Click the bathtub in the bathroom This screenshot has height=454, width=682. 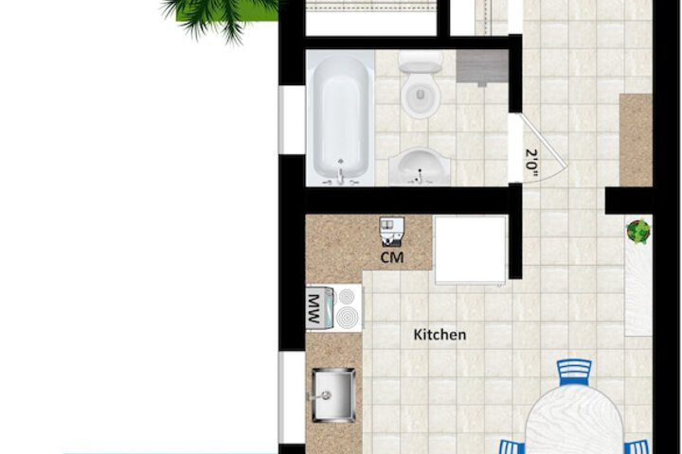341,118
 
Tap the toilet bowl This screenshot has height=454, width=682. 421,96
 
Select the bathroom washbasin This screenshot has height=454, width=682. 420,166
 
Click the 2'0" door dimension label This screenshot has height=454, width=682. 532,164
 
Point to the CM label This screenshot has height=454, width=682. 392,257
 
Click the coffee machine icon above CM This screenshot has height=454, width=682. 392,231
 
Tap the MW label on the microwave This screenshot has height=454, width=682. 314,308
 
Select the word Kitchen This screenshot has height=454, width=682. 440,335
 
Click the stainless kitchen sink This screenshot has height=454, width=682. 333,395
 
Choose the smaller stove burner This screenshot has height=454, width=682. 347,296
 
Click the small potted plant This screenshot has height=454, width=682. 638,231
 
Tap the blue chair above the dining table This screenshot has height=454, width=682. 574,373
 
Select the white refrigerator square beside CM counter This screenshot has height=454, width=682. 471,250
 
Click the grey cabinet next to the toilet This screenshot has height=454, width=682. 482,66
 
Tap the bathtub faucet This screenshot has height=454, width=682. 341,174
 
